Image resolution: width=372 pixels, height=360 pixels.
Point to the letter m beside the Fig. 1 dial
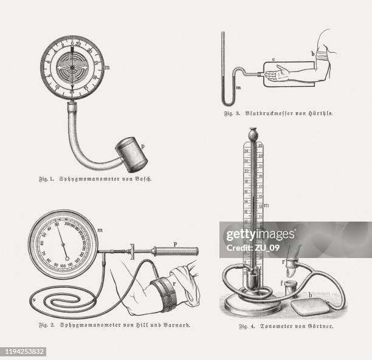coord(107,67)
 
